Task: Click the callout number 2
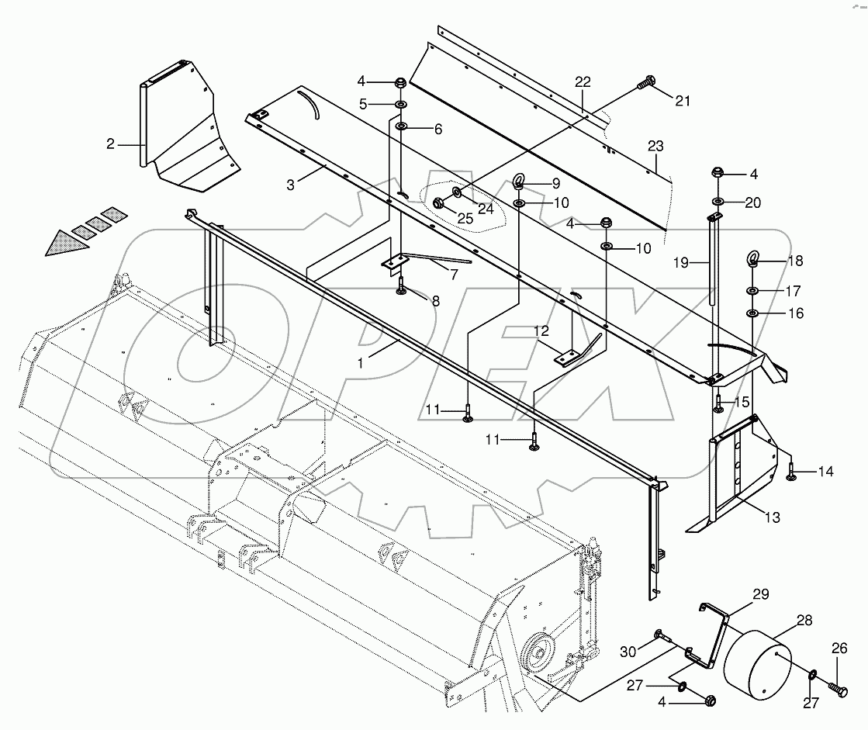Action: point(111,144)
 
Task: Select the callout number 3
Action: point(290,185)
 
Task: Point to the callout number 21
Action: point(682,99)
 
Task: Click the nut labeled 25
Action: point(437,203)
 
